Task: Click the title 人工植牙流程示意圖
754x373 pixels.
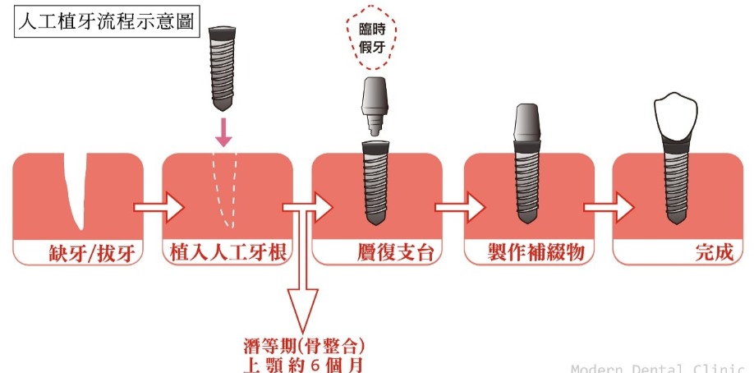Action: pos(106,22)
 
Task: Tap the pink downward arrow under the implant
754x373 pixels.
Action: pos(223,133)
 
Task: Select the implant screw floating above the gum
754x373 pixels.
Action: pos(222,69)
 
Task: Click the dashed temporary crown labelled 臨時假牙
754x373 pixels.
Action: pos(371,39)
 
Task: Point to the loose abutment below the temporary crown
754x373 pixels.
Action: pos(375,106)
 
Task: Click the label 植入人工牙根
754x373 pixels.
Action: pos(228,253)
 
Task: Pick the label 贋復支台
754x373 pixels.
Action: pos(396,253)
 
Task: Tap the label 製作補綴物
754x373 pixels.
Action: pos(536,253)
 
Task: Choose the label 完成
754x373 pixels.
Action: pos(715,253)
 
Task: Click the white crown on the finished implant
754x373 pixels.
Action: pos(675,117)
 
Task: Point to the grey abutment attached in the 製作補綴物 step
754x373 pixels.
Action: pos(527,123)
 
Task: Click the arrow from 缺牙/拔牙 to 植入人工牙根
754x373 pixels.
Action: pos(159,207)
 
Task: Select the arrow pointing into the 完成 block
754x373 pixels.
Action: pos(609,207)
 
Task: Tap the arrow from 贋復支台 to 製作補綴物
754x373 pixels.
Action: pos(460,207)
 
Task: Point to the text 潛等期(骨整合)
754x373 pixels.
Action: pos(303,347)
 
